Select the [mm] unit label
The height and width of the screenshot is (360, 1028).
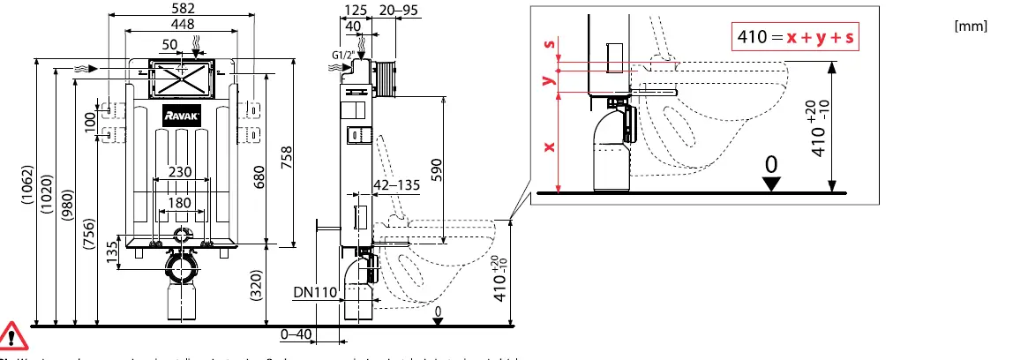[971, 26]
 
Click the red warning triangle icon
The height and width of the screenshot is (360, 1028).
[13, 334]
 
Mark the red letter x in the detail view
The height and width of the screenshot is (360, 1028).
[549, 146]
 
